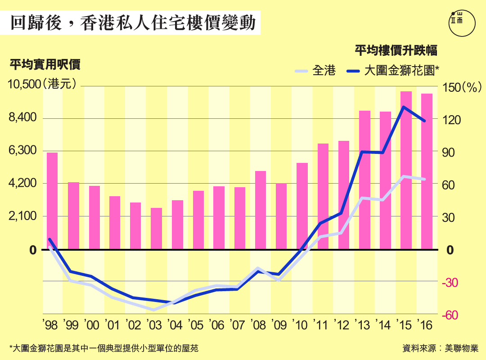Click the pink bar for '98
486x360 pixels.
(52, 201)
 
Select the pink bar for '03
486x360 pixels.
(156, 228)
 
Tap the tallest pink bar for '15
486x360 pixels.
(406, 170)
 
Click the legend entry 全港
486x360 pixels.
(315, 71)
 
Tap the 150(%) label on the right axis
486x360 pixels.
(462, 87)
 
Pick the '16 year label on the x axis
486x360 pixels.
(426, 324)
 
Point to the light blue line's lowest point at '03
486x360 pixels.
(153, 310)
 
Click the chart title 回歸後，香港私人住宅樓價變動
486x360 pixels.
(132, 23)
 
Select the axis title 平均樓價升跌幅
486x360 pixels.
(396, 50)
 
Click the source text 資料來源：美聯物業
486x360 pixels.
(441, 348)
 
